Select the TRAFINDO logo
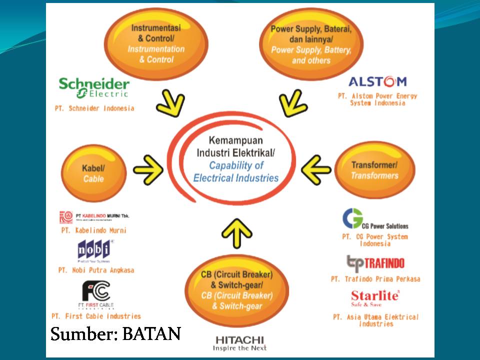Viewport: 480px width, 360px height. click(375, 262)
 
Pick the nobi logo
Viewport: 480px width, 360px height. click(95, 250)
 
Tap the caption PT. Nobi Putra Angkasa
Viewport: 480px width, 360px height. click(96, 270)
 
